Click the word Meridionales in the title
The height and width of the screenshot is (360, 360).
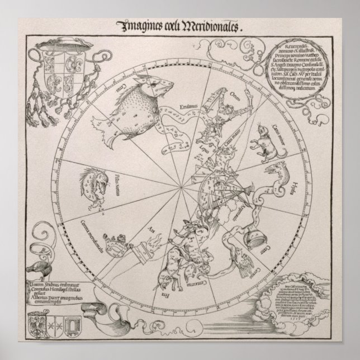(x=209, y=25)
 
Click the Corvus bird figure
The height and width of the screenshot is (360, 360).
(x=235, y=263)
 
